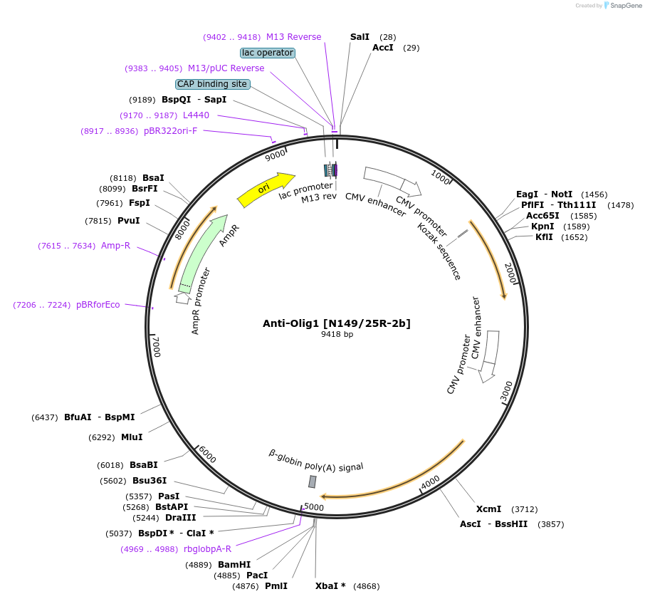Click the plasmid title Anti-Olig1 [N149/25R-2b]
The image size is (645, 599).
(x=336, y=323)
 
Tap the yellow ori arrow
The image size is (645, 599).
(x=265, y=189)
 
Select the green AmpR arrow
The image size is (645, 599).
(x=201, y=252)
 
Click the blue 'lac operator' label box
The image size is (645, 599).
(x=268, y=53)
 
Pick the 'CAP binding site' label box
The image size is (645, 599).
(x=212, y=84)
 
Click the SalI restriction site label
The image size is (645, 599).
(x=360, y=36)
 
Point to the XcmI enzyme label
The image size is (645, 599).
(x=488, y=509)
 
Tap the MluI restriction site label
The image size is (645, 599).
(x=132, y=437)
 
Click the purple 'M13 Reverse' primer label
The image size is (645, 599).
(x=293, y=37)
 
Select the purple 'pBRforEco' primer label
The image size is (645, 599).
(x=98, y=305)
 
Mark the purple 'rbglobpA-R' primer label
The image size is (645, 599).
(x=207, y=548)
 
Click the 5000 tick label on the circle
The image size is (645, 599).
(x=314, y=507)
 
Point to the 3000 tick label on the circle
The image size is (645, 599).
(x=506, y=391)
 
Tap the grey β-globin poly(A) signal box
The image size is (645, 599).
(x=312, y=482)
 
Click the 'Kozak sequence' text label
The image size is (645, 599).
(x=439, y=251)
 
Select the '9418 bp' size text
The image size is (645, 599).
(x=337, y=334)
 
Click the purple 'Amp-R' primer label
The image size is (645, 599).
(x=115, y=246)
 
